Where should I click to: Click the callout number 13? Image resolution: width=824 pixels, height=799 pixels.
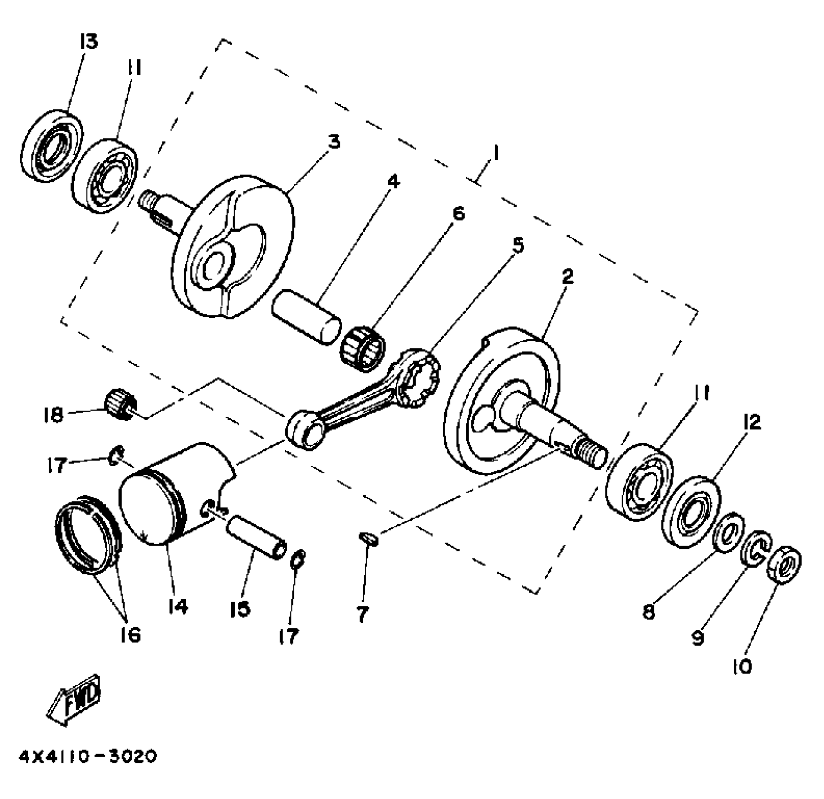pyautogui.click(x=88, y=41)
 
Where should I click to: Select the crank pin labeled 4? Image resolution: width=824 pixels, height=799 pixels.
pyautogui.click(x=306, y=323)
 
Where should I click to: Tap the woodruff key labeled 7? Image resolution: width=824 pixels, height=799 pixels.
pyautogui.click(x=369, y=539)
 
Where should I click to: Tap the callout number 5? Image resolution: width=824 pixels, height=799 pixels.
pyautogui.click(x=517, y=246)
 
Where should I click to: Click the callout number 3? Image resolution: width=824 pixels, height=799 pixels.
pyautogui.click(x=333, y=141)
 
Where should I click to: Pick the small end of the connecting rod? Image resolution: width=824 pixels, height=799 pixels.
pyautogui.click(x=303, y=429)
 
